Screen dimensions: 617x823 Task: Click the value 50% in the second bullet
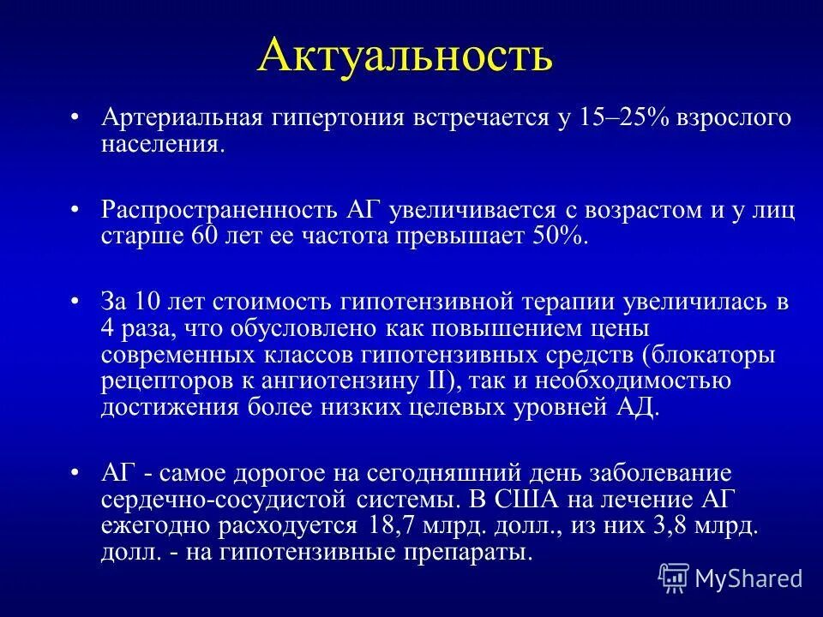tap(562, 235)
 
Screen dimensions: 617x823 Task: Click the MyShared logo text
tap(748, 578)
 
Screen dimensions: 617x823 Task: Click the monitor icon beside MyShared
tap(674, 578)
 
